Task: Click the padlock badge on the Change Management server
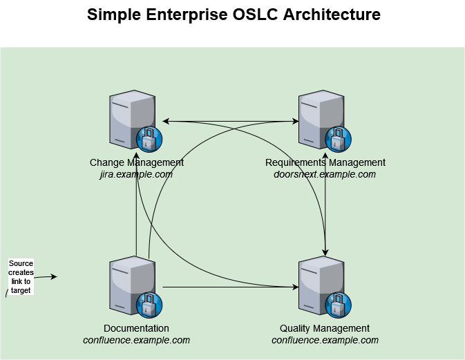pos(149,139)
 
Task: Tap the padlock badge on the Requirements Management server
pos(338,139)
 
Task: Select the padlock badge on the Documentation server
pos(149,305)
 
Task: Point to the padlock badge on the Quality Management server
pos(338,305)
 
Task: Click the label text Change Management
pos(137,162)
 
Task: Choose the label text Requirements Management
pos(325,162)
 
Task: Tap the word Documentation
pos(136,328)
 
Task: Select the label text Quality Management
pos(325,328)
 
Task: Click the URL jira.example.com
pos(136,174)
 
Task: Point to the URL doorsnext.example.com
pos(325,174)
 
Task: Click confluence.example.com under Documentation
pos(136,340)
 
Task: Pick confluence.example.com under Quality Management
pos(325,340)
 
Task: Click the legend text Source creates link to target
pos(21,277)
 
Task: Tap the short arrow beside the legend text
pos(45,277)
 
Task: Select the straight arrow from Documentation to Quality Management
pos(228,286)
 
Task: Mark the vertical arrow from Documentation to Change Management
pos(137,207)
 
